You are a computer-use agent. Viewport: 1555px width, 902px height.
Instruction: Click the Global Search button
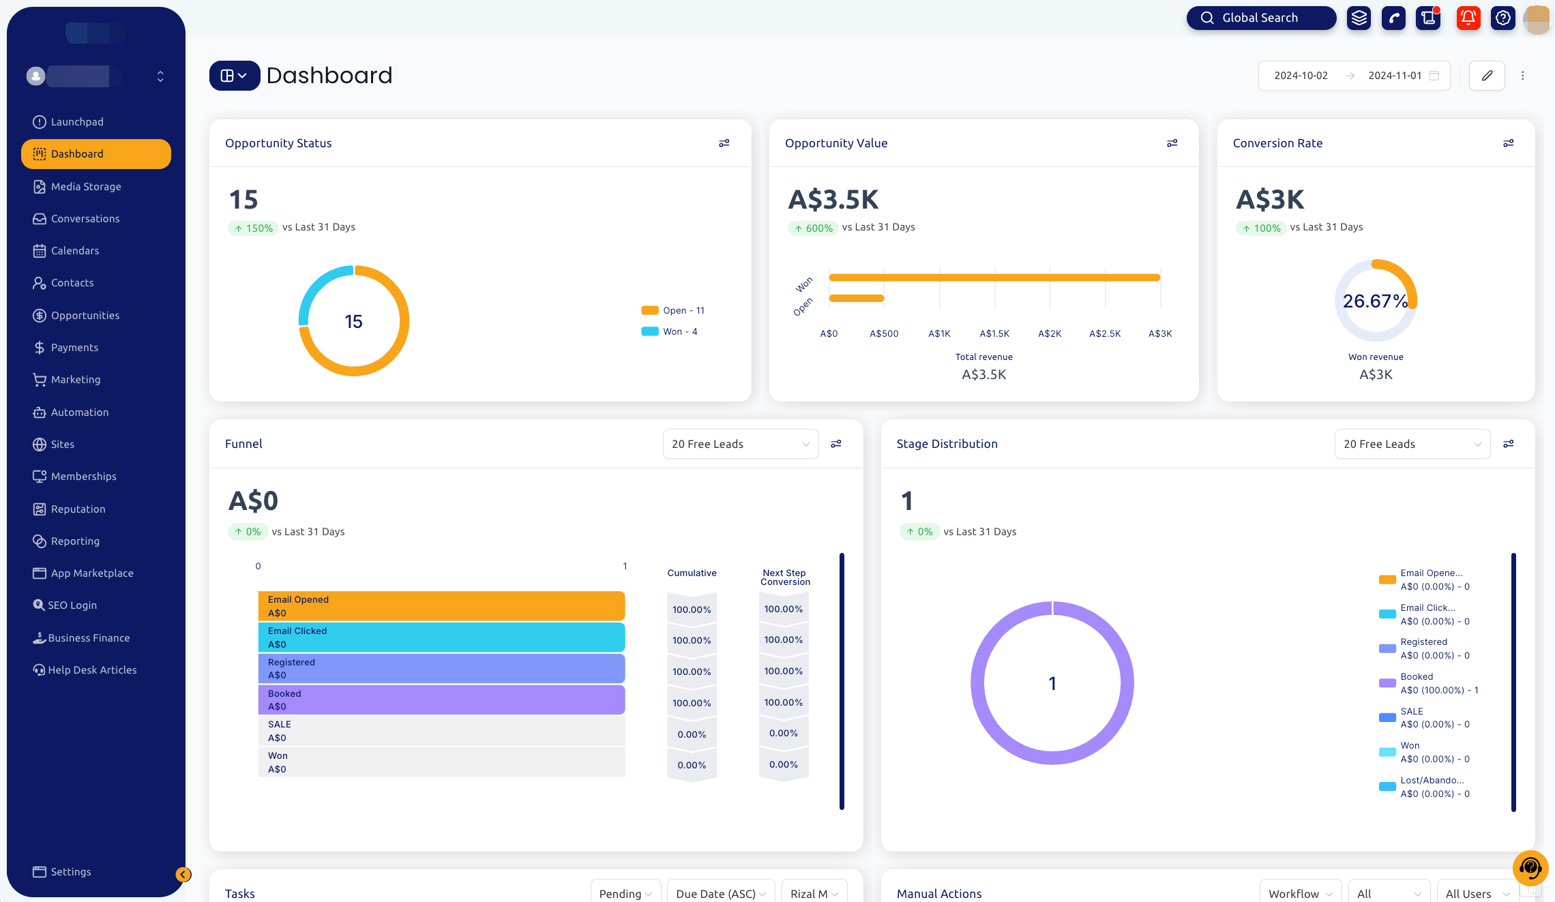[x=1260, y=18]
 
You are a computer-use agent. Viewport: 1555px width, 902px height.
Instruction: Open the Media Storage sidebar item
[x=86, y=187]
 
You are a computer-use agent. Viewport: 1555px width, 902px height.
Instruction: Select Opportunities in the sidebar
[x=85, y=316]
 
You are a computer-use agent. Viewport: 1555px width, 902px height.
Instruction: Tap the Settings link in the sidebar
[x=70, y=872]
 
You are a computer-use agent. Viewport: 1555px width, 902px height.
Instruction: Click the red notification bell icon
[x=1468, y=18]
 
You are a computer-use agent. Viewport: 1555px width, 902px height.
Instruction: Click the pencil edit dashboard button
[x=1487, y=76]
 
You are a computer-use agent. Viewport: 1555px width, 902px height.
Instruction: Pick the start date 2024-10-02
[x=1301, y=76]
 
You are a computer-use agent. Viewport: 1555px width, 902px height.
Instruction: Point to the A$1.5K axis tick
[x=994, y=334]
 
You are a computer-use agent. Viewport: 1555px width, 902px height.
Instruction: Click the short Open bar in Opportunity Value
[x=857, y=298]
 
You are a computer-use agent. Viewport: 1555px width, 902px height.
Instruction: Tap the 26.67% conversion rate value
[x=1375, y=301]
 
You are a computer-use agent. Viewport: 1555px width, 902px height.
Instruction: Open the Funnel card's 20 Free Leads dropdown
[x=740, y=445]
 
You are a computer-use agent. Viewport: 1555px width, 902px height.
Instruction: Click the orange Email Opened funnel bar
[x=441, y=606]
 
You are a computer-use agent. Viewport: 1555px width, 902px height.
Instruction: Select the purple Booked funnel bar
[x=441, y=700]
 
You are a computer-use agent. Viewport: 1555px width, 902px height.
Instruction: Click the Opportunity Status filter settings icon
[x=724, y=143]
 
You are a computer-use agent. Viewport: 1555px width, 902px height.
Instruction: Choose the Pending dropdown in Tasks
[x=625, y=893]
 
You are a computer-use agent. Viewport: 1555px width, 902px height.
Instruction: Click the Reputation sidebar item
[x=78, y=509]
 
